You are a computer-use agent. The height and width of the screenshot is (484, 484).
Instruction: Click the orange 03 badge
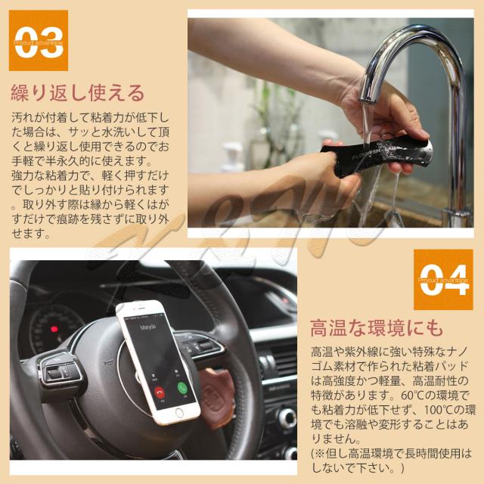tap(39, 40)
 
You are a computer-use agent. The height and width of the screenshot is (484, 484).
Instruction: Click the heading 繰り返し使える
tap(76, 94)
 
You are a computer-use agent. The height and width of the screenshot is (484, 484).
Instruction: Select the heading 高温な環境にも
tap(375, 330)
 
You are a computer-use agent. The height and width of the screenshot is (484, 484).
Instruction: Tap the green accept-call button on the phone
tap(181, 388)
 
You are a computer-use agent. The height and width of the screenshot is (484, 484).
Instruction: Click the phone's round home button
tap(179, 413)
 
